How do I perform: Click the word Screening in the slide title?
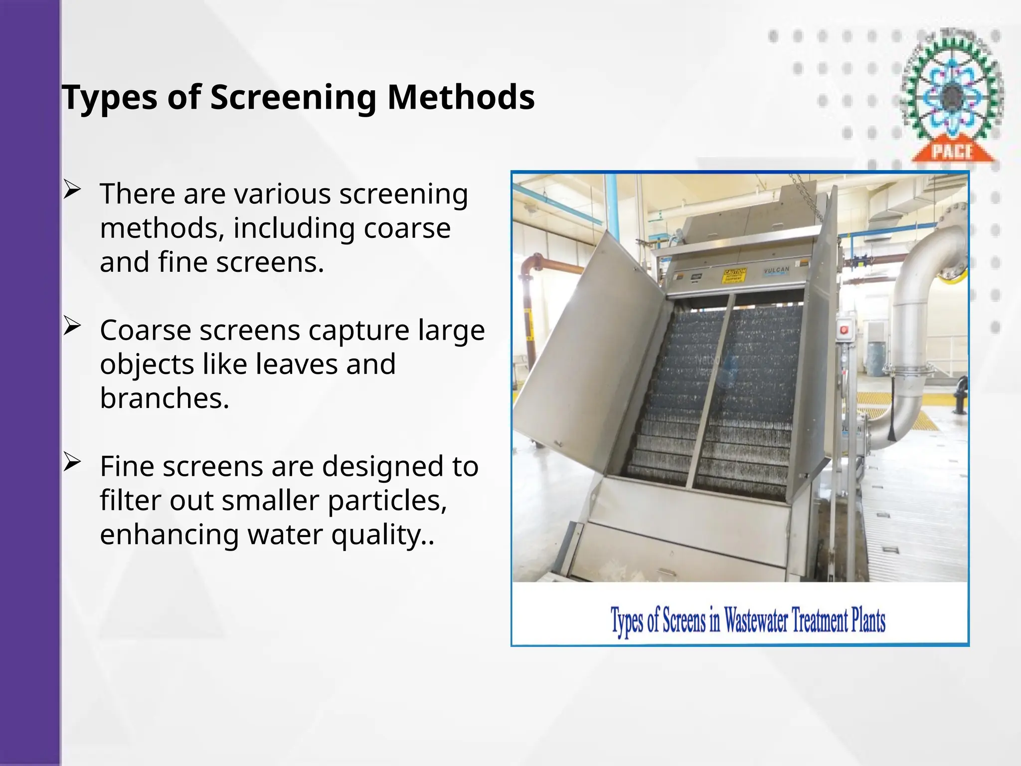293,97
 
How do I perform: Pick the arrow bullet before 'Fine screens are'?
72,463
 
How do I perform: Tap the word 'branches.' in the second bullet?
165,398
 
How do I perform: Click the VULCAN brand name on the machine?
776,270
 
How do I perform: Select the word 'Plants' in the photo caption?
868,620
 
